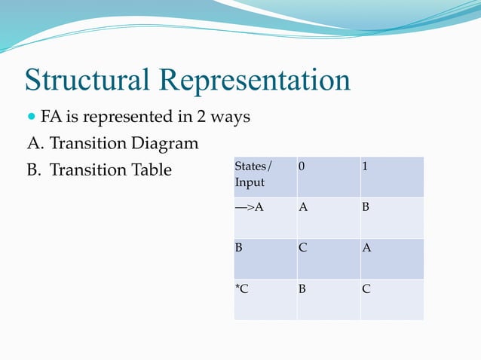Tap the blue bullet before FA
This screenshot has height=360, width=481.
click(x=31, y=118)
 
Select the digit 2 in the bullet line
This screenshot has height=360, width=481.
click(x=203, y=118)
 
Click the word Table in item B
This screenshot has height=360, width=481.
click(x=152, y=169)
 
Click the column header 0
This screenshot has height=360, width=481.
click(x=302, y=166)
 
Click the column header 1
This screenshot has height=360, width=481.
click(x=365, y=166)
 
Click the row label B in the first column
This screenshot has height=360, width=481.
click(x=238, y=247)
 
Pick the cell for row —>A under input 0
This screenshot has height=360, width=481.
click(x=302, y=207)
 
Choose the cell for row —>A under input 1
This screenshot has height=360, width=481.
click(x=366, y=207)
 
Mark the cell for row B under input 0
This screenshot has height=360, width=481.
click(x=302, y=247)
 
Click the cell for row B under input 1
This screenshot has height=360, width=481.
click(x=366, y=247)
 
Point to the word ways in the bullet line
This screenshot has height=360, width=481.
click(x=230, y=119)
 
